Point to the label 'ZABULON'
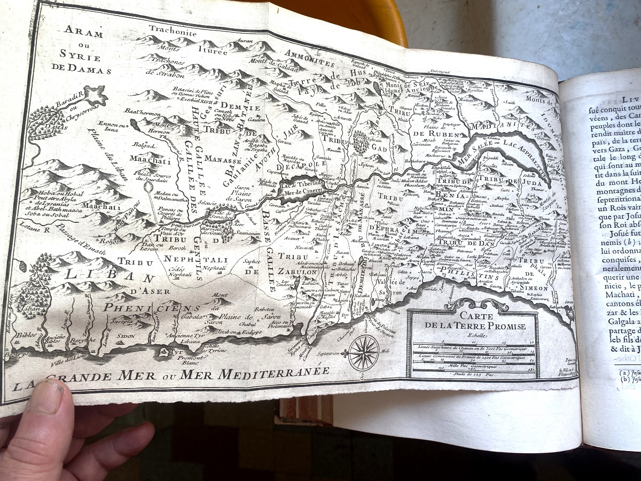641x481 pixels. pyautogui.click(x=297, y=271)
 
